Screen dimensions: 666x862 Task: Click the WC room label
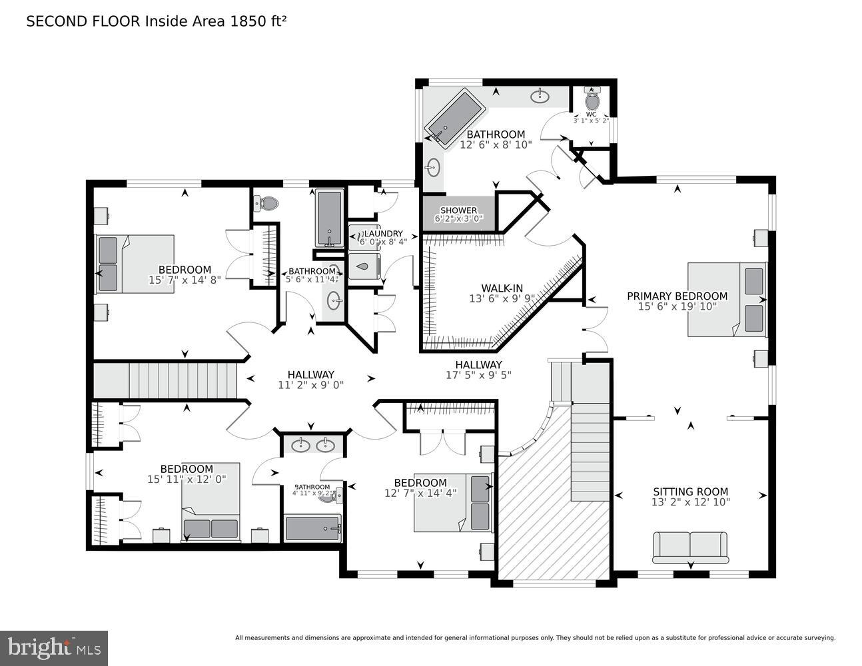point(591,114)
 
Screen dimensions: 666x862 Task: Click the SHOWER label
point(458,210)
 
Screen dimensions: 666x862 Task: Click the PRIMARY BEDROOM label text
point(677,296)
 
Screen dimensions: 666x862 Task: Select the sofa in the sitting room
point(690,546)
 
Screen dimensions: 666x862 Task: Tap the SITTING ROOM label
point(690,492)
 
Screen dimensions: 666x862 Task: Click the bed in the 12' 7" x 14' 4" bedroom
point(454,502)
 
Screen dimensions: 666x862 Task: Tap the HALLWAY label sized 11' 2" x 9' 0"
point(310,375)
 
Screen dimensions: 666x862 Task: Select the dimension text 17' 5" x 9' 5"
point(478,375)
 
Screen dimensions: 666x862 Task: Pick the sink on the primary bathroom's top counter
point(540,97)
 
